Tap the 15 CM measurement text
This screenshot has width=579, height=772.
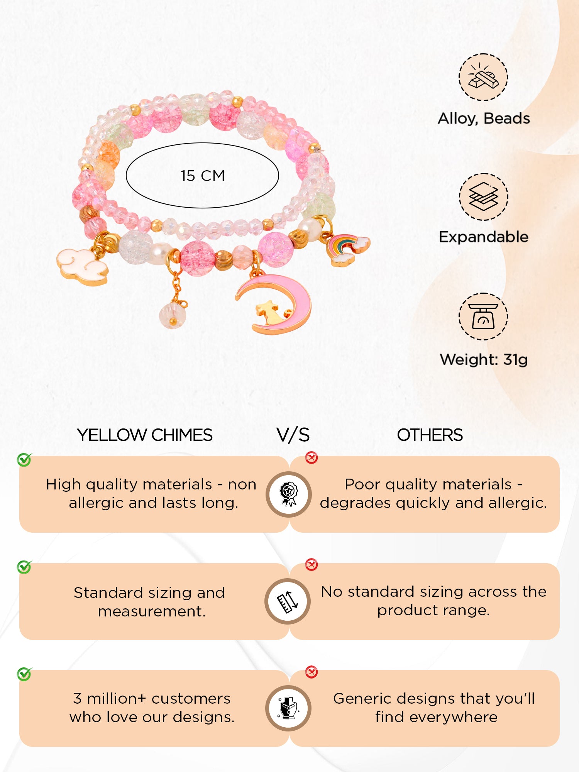pos(203,176)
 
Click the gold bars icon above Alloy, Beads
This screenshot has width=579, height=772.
pos(483,77)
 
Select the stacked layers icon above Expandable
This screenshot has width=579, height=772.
pos(483,196)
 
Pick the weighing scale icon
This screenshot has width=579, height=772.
pos(483,316)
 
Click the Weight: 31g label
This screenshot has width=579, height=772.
pos(484,360)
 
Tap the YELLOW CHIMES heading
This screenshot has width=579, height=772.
pos(145,435)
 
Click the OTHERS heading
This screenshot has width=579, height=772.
pos(430,435)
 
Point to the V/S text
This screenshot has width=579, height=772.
pos(293,435)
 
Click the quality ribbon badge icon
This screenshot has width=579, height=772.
pos(289,494)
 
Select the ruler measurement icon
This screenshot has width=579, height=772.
pos(288,601)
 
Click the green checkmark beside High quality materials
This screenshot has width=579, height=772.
pos(24,459)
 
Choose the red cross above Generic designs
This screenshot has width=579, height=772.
pos(312,672)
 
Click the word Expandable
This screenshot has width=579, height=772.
pos(484,237)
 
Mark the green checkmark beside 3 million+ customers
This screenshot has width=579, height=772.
pos(24,674)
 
